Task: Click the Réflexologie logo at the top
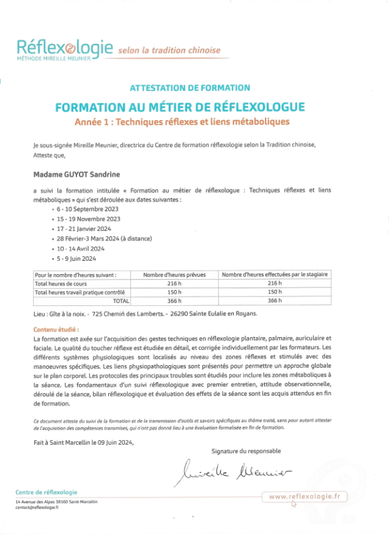64,48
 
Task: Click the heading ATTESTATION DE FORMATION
190,88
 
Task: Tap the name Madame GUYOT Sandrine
76,174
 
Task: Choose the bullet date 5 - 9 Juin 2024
77,259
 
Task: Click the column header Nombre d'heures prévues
174,274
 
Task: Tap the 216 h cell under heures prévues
174,283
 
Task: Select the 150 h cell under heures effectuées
274,292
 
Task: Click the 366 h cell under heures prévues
174,300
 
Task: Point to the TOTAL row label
120,300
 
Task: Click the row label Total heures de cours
59,283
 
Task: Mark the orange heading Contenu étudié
56,330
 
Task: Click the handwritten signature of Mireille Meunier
232,471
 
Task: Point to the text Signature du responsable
246,450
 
